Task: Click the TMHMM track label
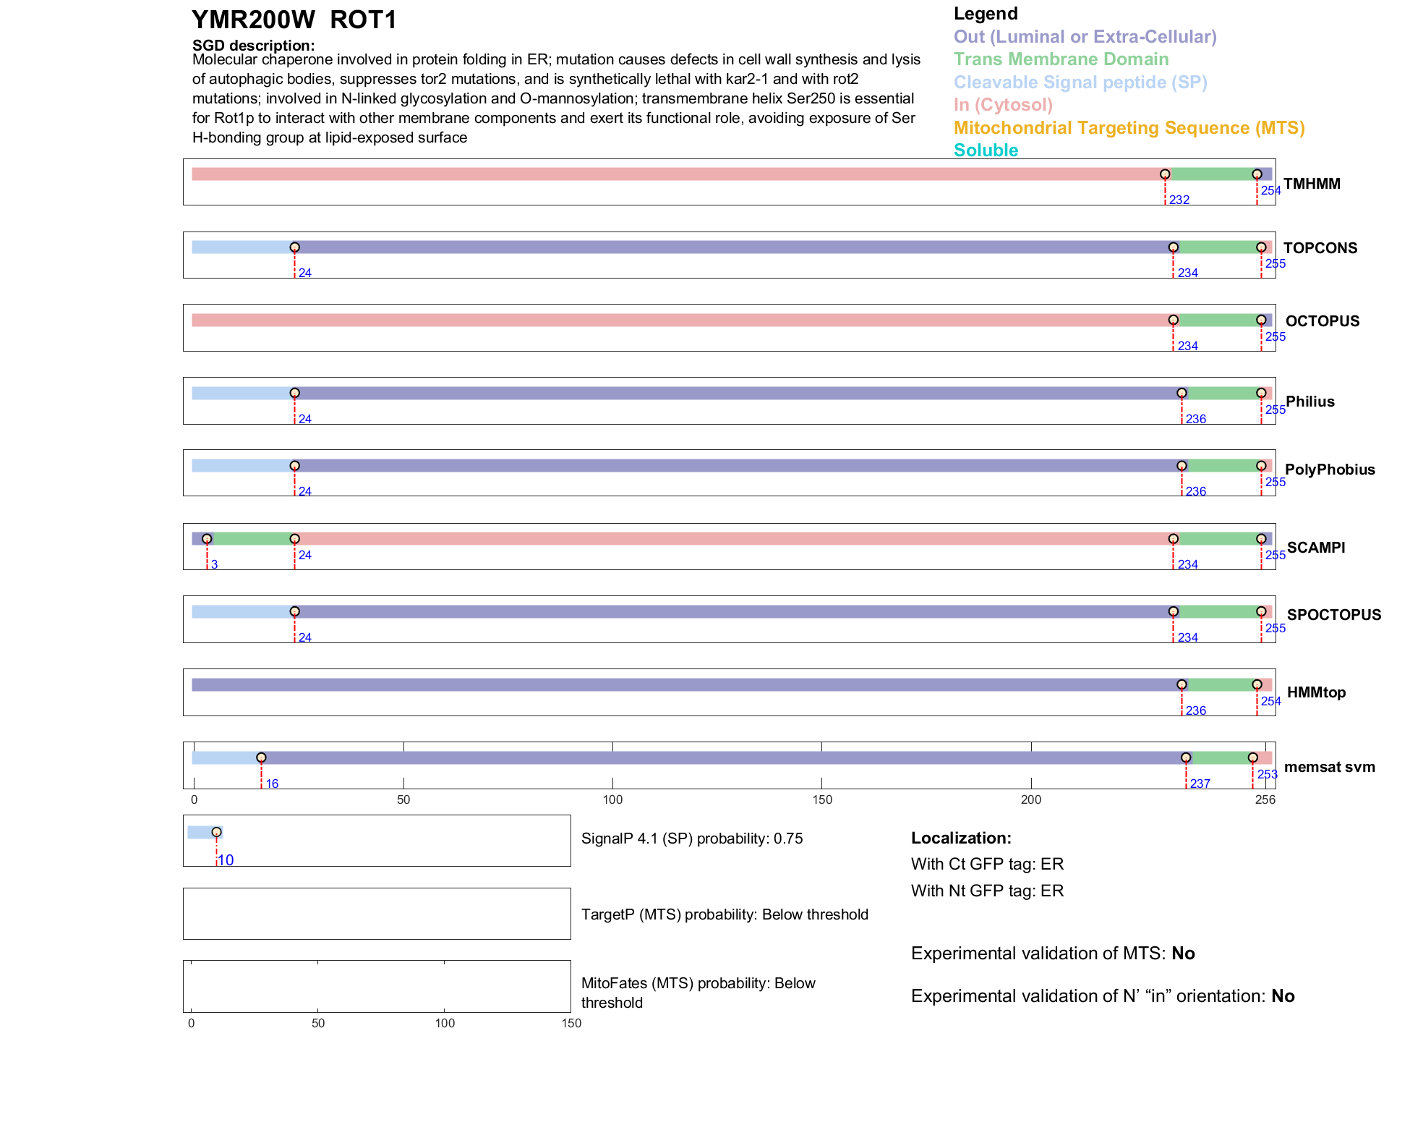pyautogui.click(x=1312, y=184)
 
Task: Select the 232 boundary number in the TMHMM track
pyautogui.click(x=1179, y=200)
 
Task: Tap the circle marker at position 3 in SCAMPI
pyautogui.click(x=207, y=539)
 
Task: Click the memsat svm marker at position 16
pyautogui.click(x=261, y=757)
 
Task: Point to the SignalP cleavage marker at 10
pyautogui.click(x=216, y=832)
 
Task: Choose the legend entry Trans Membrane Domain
pyautogui.click(x=1061, y=59)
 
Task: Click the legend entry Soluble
pyautogui.click(x=986, y=150)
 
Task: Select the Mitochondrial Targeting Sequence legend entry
pyautogui.click(x=1129, y=128)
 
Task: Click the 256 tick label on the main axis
pyautogui.click(x=1265, y=800)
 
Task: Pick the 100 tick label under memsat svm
pyautogui.click(x=612, y=800)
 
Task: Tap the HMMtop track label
pyautogui.click(x=1316, y=692)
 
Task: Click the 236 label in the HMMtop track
pyautogui.click(x=1196, y=710)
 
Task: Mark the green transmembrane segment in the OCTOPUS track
pyautogui.click(x=1217, y=320)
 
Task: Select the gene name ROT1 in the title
pyautogui.click(x=363, y=20)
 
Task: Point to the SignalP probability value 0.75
pyautogui.click(x=788, y=838)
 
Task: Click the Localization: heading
pyautogui.click(x=961, y=838)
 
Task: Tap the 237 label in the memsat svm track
pyautogui.click(x=1200, y=784)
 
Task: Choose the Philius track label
pyautogui.click(x=1309, y=402)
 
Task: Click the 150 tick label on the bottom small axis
pyautogui.click(x=571, y=1023)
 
